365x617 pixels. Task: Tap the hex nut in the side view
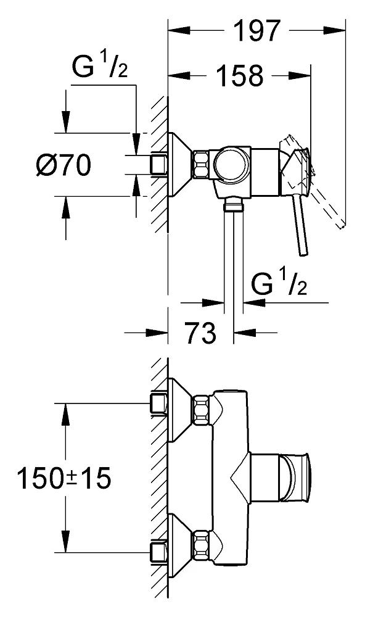point(202,164)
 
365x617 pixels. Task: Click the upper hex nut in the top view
point(202,409)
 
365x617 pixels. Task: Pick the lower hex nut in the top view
point(202,544)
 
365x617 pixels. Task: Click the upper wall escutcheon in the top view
point(179,408)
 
